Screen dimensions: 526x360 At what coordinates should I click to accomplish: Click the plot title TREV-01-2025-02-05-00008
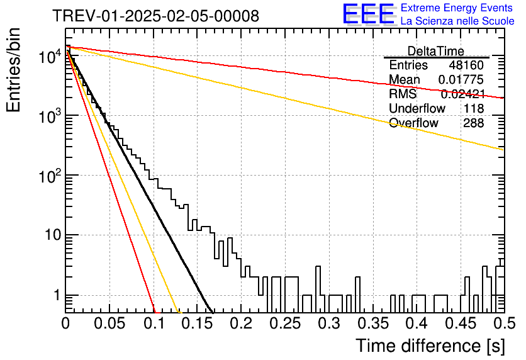click(x=156, y=16)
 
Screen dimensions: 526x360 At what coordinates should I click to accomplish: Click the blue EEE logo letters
click(x=369, y=14)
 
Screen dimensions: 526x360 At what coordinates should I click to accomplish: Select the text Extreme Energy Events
click(x=457, y=8)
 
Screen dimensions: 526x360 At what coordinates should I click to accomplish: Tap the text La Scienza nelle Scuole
click(x=457, y=21)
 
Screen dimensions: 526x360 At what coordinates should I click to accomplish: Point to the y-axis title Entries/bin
click(x=14, y=70)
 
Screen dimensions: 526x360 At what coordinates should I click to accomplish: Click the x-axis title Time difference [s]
click(x=430, y=346)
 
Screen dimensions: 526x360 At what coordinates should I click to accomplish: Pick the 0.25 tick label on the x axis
click(x=286, y=323)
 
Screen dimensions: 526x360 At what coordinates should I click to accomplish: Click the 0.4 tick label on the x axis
click(x=418, y=323)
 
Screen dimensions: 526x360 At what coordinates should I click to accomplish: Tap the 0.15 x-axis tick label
click(x=198, y=323)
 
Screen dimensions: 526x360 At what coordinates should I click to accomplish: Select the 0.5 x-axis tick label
click(x=505, y=323)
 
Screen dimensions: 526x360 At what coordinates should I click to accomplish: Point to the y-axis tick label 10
click(x=53, y=235)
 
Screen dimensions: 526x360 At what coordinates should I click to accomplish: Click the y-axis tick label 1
click(x=57, y=295)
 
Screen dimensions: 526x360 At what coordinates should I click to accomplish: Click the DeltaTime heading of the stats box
click(x=436, y=51)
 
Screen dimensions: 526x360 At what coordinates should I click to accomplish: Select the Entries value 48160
click(x=466, y=65)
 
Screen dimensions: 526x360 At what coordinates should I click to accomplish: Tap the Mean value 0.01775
click(x=461, y=79)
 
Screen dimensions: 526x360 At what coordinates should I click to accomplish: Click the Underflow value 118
click(x=474, y=108)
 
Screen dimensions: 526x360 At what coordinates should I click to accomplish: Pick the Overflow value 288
click(x=474, y=123)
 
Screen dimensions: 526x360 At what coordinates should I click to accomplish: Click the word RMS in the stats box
click(x=403, y=94)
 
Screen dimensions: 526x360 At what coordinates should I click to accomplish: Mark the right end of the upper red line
click(x=504, y=98)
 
